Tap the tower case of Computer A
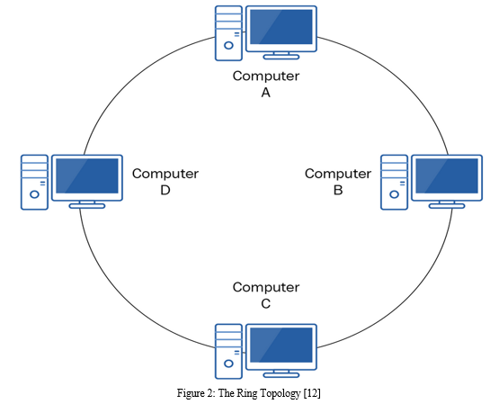click(x=228, y=33)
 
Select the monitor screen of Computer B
click(x=447, y=177)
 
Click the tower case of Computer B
click(x=395, y=183)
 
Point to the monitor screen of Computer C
click(x=281, y=347)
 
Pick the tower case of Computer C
click(x=228, y=352)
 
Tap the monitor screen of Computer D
click(x=87, y=177)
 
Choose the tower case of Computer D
click(x=34, y=183)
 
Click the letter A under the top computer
click(x=266, y=93)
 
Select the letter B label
click(x=338, y=190)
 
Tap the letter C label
click(x=266, y=303)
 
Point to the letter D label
click(x=165, y=190)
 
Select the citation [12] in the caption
click(x=313, y=393)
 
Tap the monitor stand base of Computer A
click(x=281, y=57)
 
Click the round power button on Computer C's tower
click(x=228, y=364)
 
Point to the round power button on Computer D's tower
click(x=34, y=194)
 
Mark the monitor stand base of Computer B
click(x=447, y=206)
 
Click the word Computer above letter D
click(x=165, y=174)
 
